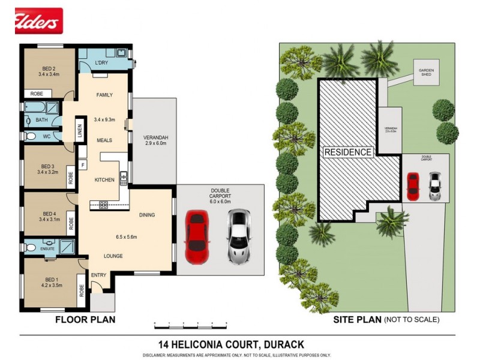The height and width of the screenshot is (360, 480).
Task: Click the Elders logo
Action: pyautogui.click(x=38, y=20)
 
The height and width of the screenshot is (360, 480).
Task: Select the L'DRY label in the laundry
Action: pyautogui.click(x=101, y=63)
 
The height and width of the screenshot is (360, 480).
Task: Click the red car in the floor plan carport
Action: pyautogui.click(x=196, y=236)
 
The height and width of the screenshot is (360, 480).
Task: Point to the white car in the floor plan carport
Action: pyautogui.click(x=238, y=236)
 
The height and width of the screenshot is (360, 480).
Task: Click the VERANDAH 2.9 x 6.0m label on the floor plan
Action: pyautogui.click(x=155, y=141)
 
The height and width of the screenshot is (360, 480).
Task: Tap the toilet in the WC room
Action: pyautogui.click(x=31, y=137)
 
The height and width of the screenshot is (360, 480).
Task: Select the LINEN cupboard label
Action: pyautogui.click(x=79, y=131)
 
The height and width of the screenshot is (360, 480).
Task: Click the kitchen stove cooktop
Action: pyautogui.click(x=103, y=205)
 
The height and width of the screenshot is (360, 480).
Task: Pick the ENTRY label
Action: pyautogui.click(x=98, y=275)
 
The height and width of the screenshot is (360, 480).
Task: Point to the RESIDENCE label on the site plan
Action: pyautogui.click(x=348, y=152)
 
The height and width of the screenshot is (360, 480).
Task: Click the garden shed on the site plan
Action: pyautogui.click(x=426, y=73)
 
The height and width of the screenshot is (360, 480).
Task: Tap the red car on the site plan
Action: pyautogui.click(x=413, y=186)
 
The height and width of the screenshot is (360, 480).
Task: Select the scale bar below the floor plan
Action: pyautogui.click(x=190, y=324)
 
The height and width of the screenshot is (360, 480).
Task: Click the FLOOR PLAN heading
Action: pyautogui.click(x=85, y=320)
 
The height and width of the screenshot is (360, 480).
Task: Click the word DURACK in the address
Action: pyautogui.click(x=283, y=344)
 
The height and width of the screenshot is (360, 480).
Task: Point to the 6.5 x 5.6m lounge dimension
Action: pyautogui.click(x=127, y=236)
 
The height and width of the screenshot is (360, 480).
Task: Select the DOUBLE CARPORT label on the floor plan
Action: pyautogui.click(x=220, y=194)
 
